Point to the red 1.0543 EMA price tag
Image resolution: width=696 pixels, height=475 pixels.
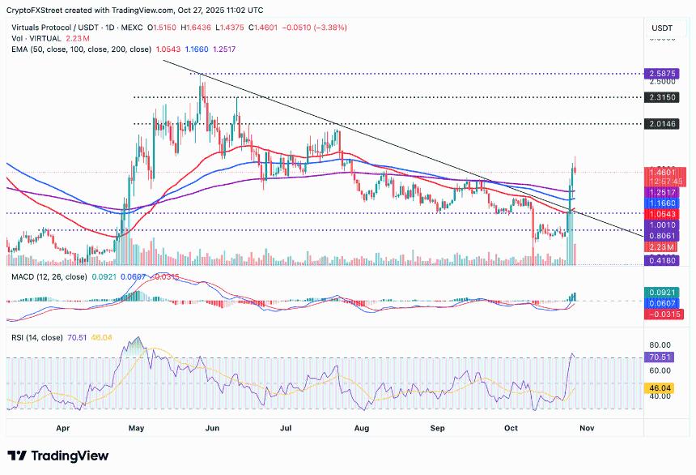pyautogui.click(x=663, y=213)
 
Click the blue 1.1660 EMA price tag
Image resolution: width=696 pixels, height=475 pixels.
pyautogui.click(x=663, y=202)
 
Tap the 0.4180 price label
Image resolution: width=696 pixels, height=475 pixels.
pyautogui.click(x=663, y=261)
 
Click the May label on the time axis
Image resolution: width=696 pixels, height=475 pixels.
pyautogui.click(x=136, y=426)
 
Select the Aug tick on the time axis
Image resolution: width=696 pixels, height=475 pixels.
pyautogui.click(x=362, y=426)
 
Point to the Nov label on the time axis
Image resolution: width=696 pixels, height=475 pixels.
pyautogui.click(x=587, y=426)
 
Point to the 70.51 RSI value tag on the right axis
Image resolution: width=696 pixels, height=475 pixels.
pyautogui.click(x=663, y=356)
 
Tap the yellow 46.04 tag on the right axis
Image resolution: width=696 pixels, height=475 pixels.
pyautogui.click(x=663, y=389)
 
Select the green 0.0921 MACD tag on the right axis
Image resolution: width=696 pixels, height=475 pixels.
pyautogui.click(x=663, y=291)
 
